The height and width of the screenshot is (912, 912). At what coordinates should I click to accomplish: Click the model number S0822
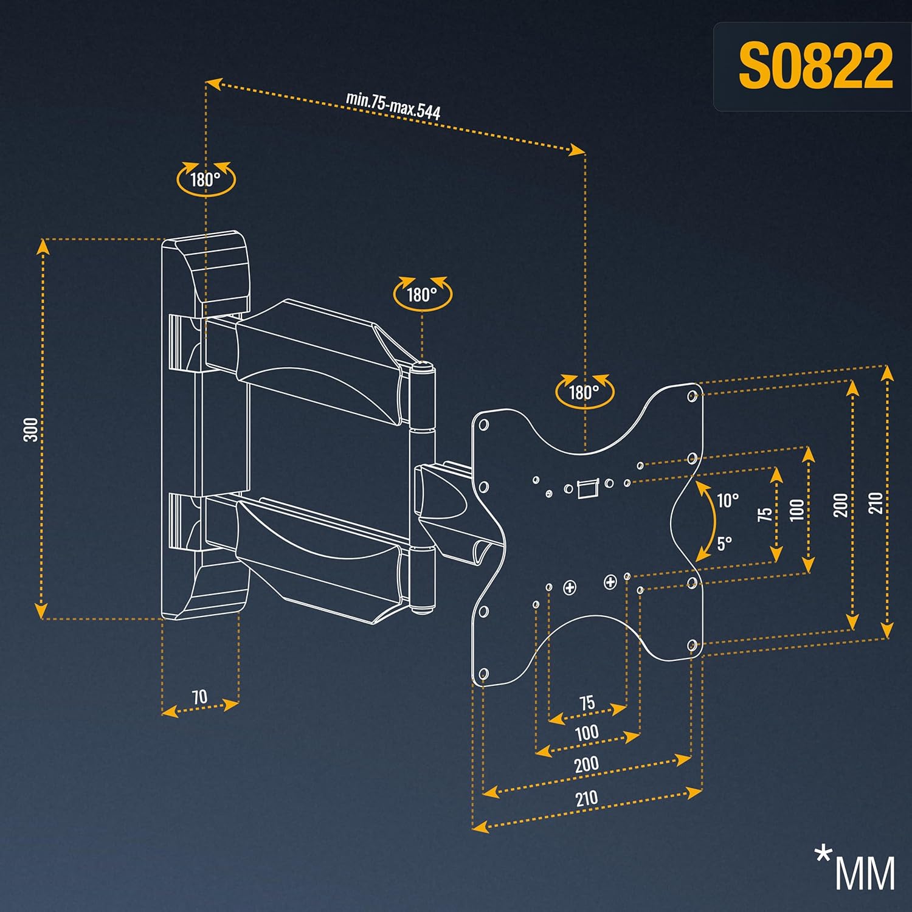coord(815,66)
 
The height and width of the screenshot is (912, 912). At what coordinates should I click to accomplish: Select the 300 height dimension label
coord(31,429)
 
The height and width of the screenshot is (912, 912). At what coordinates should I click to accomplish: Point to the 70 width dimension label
coord(200,697)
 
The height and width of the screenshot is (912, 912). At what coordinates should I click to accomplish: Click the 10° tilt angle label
coord(728,500)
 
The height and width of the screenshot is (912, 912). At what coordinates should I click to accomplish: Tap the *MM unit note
coord(855,866)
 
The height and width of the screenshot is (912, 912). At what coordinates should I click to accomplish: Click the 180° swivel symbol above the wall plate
coord(206,179)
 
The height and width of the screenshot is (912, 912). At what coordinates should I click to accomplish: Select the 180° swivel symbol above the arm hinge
coord(423,294)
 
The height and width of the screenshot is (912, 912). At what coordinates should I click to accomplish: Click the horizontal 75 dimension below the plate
coord(587,703)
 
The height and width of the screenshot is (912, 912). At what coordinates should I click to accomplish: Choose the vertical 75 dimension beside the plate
coord(765,514)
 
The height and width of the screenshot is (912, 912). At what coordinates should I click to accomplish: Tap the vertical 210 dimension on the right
coord(876,503)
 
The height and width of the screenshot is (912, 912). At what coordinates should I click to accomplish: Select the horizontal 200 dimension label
coord(586,764)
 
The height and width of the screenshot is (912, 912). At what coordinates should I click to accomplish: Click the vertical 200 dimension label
coord(841,505)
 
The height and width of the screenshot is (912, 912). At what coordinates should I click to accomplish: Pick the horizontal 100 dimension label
coord(587,733)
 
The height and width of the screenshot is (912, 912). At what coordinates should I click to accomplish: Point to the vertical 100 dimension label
coord(797,508)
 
